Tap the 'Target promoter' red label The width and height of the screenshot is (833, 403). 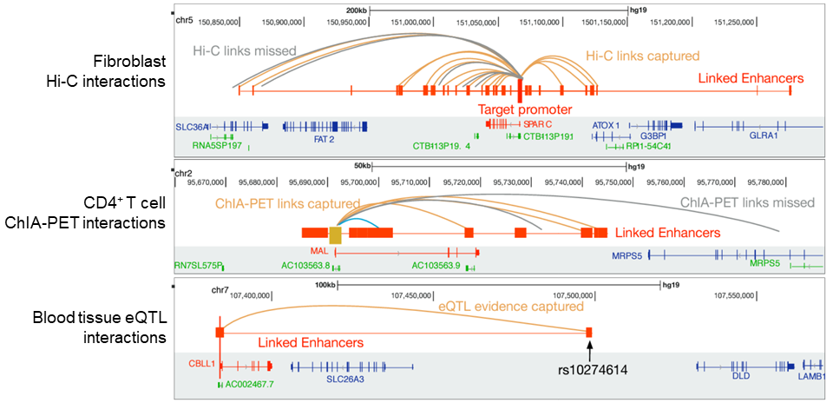tap(525, 109)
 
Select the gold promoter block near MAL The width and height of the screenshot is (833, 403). tap(336, 233)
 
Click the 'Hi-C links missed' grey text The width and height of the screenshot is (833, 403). tap(244, 51)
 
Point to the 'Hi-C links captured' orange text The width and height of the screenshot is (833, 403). tap(642, 56)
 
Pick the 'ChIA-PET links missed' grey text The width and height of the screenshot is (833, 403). tap(747, 202)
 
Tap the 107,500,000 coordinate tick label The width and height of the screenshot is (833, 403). tap(580, 295)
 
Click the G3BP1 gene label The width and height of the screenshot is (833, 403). tap(653, 136)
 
